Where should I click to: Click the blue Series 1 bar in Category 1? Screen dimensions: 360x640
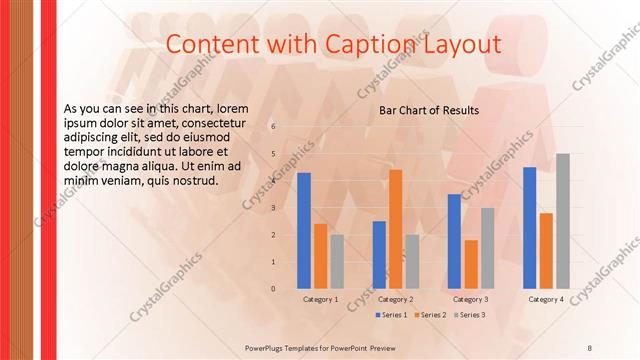(x=304, y=231)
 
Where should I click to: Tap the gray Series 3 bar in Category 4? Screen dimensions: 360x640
(x=563, y=221)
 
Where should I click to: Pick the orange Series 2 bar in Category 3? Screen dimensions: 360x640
(x=471, y=264)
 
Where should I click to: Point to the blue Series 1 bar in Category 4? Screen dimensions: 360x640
(x=530, y=228)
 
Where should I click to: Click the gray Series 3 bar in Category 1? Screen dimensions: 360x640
(x=337, y=262)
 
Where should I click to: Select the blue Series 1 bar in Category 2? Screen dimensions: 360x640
(x=379, y=255)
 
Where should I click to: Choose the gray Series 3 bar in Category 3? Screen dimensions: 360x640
(x=488, y=248)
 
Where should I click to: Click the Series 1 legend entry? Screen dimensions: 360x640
(x=392, y=315)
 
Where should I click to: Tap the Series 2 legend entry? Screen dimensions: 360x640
(x=431, y=315)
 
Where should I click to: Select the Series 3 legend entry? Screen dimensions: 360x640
(x=470, y=315)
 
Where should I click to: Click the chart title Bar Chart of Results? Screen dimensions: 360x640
(x=428, y=110)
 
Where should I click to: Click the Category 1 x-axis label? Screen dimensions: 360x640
(x=321, y=299)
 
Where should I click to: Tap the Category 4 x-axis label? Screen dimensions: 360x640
(x=546, y=299)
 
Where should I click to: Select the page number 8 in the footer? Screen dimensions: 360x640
(x=590, y=346)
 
